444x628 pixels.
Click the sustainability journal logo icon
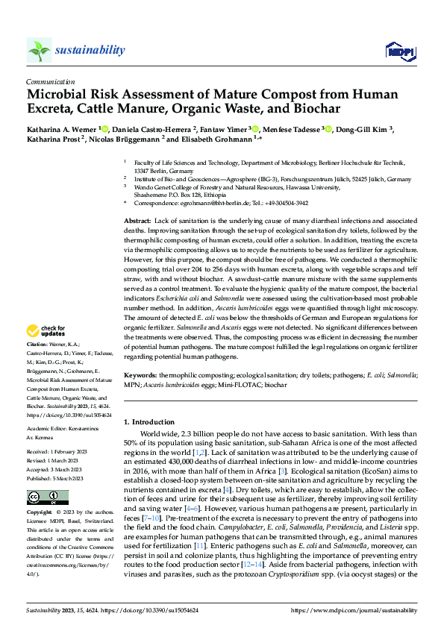click(x=40, y=50)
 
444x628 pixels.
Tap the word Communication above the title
click(x=50, y=82)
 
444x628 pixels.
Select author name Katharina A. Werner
click(x=62, y=128)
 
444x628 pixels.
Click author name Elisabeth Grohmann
click(x=215, y=139)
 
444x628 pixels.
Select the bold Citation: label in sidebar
click(x=37, y=345)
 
